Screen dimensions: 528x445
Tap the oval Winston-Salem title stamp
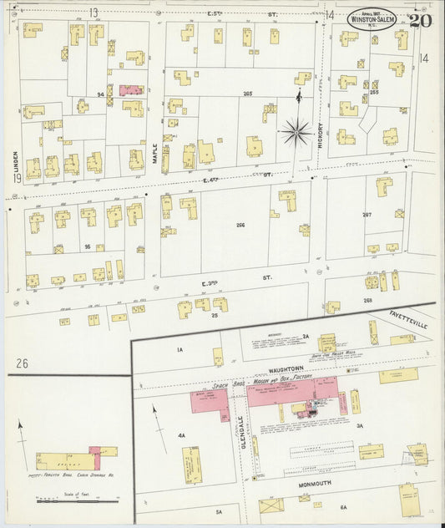[373, 18]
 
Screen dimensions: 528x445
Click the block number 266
[243, 225]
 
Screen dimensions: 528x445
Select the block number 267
[367, 214]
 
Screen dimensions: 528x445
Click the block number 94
[99, 94]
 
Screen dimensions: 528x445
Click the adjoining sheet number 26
[22, 362]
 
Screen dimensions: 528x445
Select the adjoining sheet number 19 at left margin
[16, 178]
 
